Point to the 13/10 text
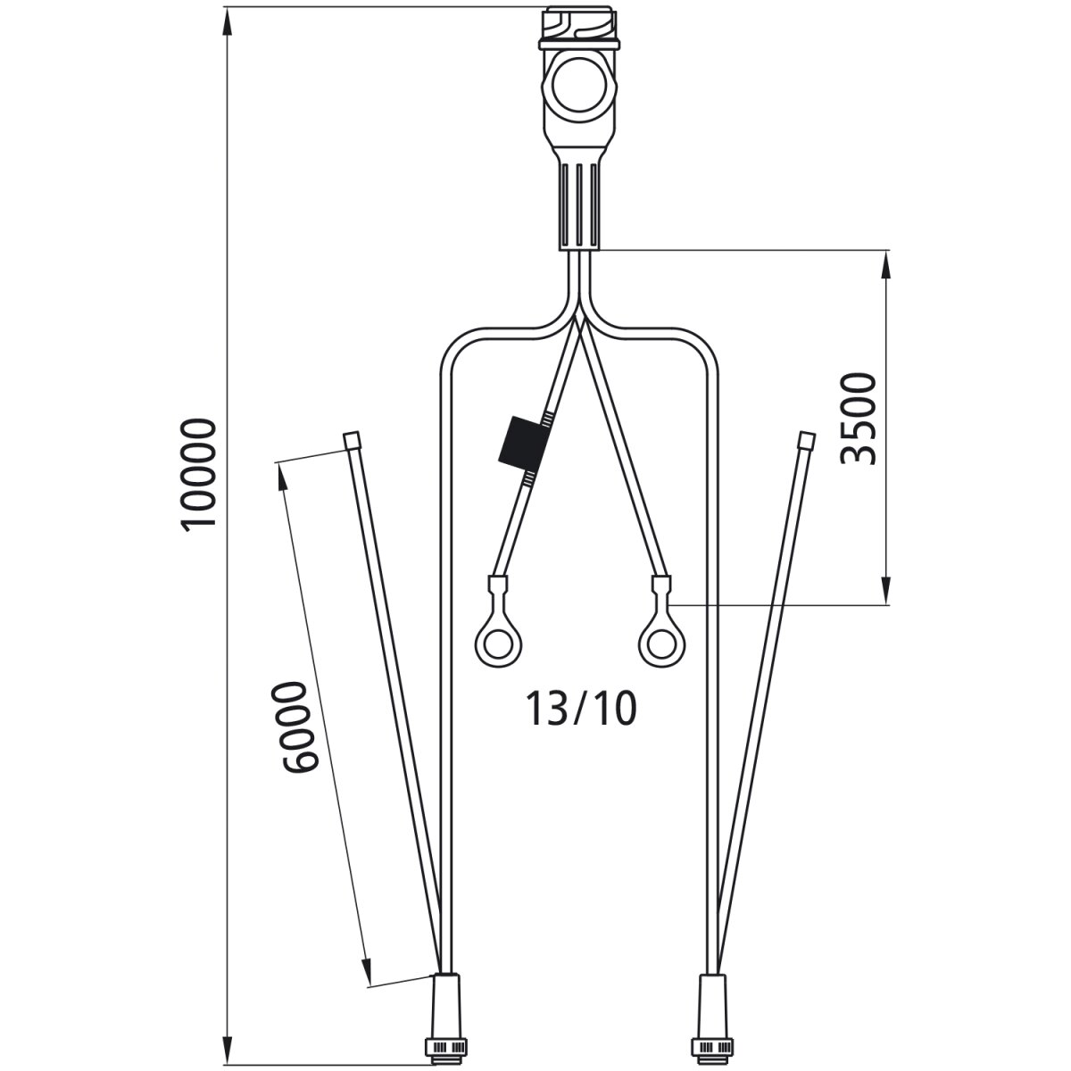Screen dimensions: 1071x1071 coord(581,710)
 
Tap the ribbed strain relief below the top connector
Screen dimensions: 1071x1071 coord(580,204)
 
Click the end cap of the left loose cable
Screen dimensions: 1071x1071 coord(352,441)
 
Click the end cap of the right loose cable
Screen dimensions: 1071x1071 coord(806,441)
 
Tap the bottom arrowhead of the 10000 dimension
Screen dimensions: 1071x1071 coord(228,1044)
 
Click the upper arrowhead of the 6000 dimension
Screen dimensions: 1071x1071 coord(286,473)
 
